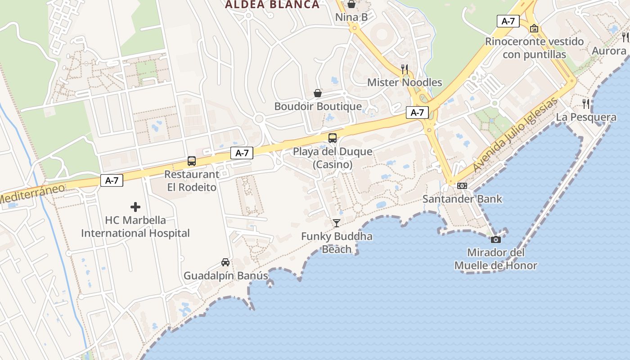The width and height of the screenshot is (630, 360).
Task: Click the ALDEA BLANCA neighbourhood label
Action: [272, 5]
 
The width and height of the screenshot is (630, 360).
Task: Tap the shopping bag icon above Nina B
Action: [351, 4]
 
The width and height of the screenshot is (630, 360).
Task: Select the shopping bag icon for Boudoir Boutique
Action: [318, 93]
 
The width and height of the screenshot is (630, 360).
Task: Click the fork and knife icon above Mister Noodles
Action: [405, 69]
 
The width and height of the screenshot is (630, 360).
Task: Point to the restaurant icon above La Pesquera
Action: [586, 104]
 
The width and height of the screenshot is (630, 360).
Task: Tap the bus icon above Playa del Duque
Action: [333, 138]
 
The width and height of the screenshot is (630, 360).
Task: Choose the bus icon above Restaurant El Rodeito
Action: [192, 161]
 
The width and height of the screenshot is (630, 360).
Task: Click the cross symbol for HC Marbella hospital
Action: [135, 207]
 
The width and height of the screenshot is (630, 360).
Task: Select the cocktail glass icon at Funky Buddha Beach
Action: [336, 223]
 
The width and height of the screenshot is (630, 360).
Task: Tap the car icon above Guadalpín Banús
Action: [225, 262]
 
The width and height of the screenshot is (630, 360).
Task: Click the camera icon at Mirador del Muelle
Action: [495, 239]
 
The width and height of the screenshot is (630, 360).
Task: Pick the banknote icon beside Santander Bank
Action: [462, 186]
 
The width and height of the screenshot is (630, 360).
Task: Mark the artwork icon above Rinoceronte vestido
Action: [534, 29]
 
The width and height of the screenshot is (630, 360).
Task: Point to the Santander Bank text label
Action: [462, 199]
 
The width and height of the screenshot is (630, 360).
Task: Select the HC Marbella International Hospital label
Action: [135, 227]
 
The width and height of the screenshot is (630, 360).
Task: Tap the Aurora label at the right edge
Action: [609, 50]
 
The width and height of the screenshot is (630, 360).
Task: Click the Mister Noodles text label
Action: [405, 82]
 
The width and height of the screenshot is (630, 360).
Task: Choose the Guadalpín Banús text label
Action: [225, 275]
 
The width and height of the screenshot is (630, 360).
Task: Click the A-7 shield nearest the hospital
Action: [112, 180]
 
